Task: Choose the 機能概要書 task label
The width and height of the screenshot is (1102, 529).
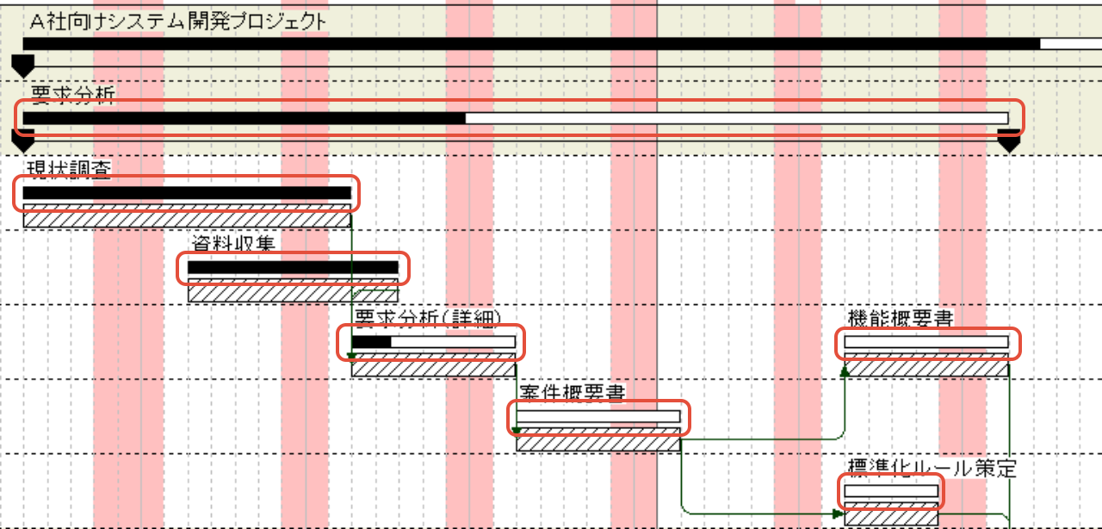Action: tap(900, 318)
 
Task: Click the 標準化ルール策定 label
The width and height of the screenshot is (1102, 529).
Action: tap(932, 468)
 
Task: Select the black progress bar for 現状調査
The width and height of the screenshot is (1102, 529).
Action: tap(187, 193)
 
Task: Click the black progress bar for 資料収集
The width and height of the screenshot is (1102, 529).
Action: tap(293, 268)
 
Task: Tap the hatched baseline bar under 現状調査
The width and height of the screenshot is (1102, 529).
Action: tap(187, 219)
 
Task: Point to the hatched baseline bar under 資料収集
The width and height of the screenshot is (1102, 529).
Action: tap(293, 293)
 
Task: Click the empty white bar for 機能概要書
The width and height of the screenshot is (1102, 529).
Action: tap(926, 342)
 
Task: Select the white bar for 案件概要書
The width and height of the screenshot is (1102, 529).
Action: tap(598, 417)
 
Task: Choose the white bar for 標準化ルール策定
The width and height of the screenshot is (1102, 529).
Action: tap(891, 491)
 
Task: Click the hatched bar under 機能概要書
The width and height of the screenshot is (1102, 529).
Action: tap(926, 368)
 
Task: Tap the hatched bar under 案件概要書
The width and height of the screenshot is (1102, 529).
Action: tap(598, 443)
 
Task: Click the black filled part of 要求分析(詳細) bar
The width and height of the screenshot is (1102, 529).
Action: tap(371, 342)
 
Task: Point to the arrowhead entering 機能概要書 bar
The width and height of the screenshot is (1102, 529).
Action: tap(845, 370)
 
